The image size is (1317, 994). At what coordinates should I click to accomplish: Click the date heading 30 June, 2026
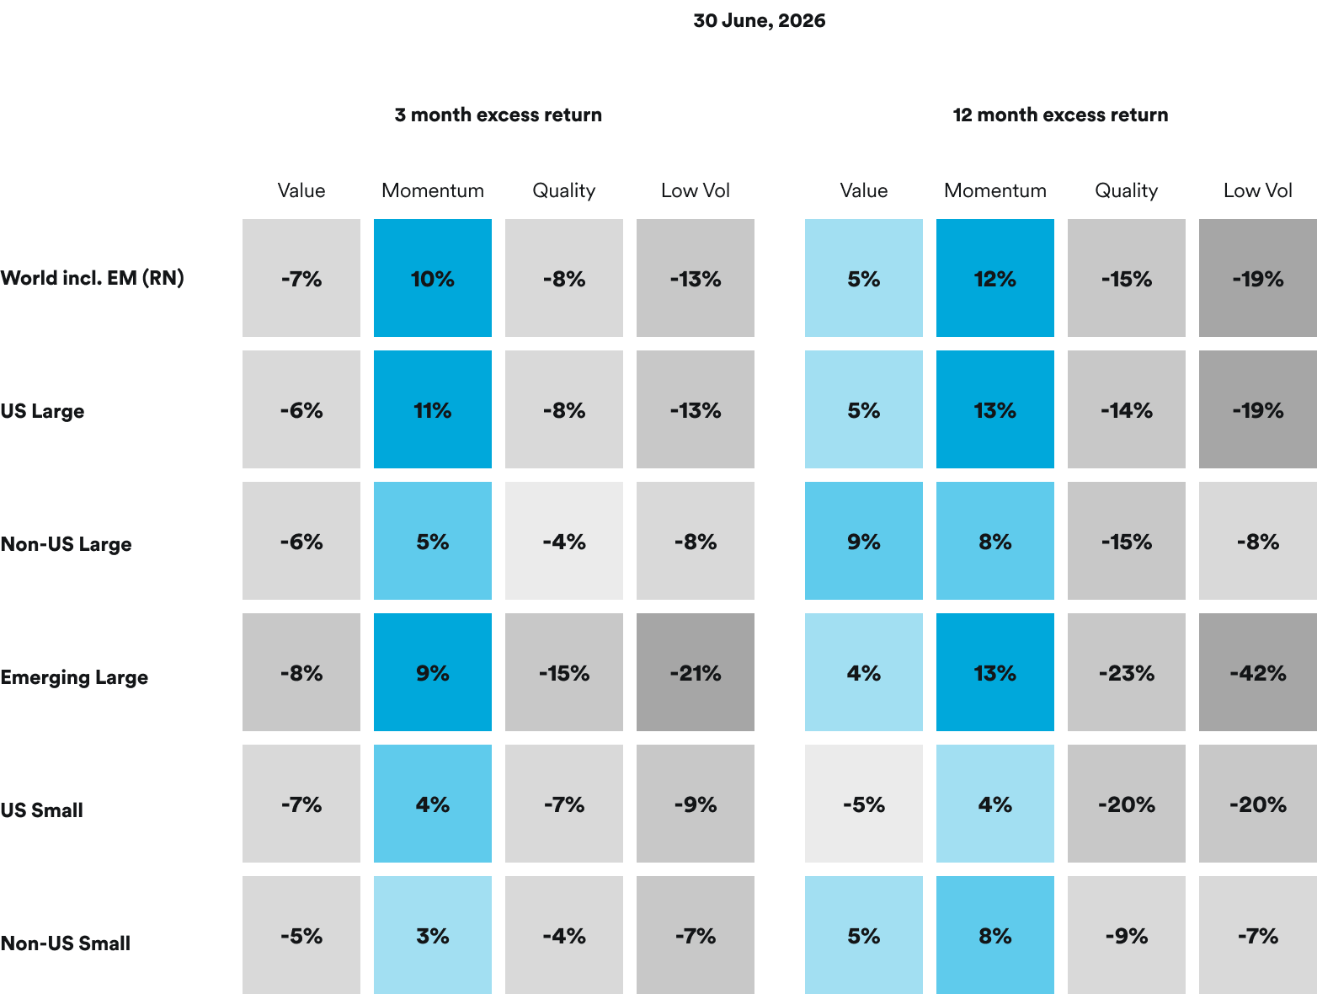pyautogui.click(x=759, y=21)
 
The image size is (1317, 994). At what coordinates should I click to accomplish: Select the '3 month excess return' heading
pyautogui.click(x=498, y=115)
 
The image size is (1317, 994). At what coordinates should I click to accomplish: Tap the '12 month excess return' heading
pyautogui.click(x=1060, y=115)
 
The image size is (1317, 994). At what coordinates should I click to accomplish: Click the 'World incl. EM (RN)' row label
pyautogui.click(x=93, y=278)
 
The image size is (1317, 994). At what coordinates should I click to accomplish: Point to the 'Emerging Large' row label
pyautogui.click(x=74, y=677)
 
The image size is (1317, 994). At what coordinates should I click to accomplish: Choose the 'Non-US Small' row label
pyautogui.click(x=66, y=943)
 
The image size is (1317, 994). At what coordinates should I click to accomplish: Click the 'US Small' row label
pyautogui.click(x=41, y=810)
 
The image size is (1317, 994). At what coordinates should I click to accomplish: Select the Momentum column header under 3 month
pyautogui.click(x=433, y=190)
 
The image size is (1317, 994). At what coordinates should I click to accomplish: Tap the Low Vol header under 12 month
pyautogui.click(x=1257, y=190)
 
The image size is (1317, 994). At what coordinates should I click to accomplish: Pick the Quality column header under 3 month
pyautogui.click(x=564, y=191)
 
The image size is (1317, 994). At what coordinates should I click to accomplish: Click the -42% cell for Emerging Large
pyautogui.click(x=1257, y=672)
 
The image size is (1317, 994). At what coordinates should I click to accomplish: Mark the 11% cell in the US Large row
pyautogui.click(x=433, y=409)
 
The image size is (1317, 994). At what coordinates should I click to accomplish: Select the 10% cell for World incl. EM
pyautogui.click(x=433, y=278)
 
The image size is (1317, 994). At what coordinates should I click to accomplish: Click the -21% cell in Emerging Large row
pyautogui.click(x=696, y=672)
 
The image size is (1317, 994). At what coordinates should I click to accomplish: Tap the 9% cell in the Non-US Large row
pyautogui.click(x=864, y=541)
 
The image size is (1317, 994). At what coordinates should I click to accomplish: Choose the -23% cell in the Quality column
pyautogui.click(x=1126, y=672)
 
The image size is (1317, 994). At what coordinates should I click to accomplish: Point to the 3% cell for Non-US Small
pyautogui.click(x=433, y=935)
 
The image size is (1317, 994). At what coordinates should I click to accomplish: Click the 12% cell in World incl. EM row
pyautogui.click(x=994, y=278)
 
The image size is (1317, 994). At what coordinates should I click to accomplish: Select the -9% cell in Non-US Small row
pyautogui.click(x=1126, y=935)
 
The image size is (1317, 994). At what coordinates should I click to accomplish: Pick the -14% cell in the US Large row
pyautogui.click(x=1126, y=409)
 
